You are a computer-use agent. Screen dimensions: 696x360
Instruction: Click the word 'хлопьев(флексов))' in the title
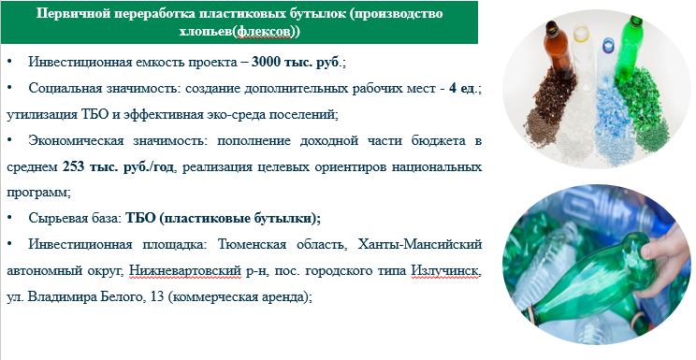[239, 32]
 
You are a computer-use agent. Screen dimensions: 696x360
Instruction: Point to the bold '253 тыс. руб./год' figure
[118, 167]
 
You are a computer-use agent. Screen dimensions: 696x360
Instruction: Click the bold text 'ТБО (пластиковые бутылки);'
[224, 219]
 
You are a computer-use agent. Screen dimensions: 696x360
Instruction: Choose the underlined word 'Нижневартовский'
[185, 270]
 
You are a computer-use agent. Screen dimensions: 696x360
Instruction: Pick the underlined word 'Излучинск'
[445, 270]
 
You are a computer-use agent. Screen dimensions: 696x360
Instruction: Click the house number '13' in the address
[157, 296]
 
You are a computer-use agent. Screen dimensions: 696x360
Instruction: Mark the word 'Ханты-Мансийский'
[420, 244]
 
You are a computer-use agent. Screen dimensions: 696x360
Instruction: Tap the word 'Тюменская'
[253, 244]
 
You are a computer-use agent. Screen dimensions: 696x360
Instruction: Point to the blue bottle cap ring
[608, 44]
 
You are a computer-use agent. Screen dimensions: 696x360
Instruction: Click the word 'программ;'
[38, 194]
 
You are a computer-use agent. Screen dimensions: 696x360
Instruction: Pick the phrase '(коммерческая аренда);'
[240, 296]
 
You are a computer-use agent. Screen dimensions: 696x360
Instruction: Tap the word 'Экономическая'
[76, 141]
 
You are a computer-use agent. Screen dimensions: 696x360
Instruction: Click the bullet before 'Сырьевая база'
[9, 219]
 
